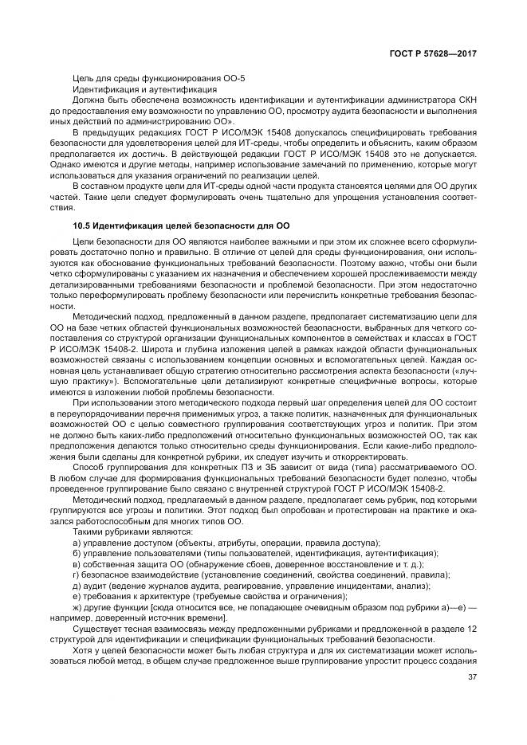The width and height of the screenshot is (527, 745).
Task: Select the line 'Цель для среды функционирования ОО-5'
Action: click(147, 78)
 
